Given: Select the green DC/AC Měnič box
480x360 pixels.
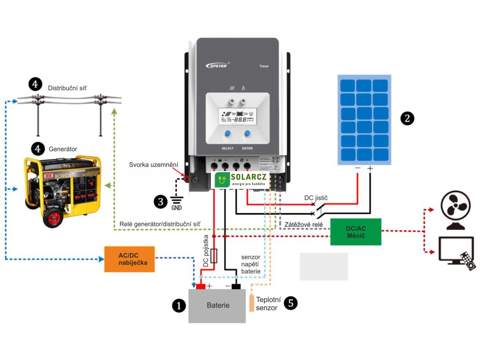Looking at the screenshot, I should point(356,232).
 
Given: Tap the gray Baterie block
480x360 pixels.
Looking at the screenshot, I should point(217,306).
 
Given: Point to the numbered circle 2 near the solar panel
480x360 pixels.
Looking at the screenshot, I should point(407,118).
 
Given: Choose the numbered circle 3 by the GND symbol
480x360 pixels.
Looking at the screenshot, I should point(161,202).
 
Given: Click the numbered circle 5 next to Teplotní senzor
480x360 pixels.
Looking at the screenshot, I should point(291,303).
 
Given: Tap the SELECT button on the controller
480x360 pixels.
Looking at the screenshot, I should point(227,135).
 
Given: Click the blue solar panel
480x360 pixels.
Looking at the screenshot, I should point(364,120).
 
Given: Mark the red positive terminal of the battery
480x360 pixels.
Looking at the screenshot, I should point(201,286).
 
